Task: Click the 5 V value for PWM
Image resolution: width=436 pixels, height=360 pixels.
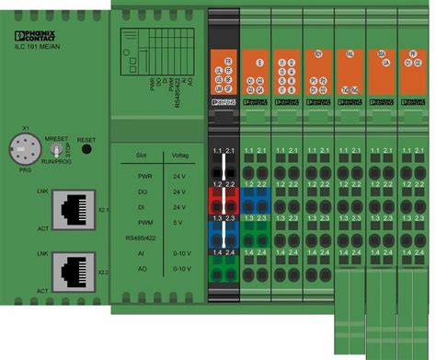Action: tap(179, 224)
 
